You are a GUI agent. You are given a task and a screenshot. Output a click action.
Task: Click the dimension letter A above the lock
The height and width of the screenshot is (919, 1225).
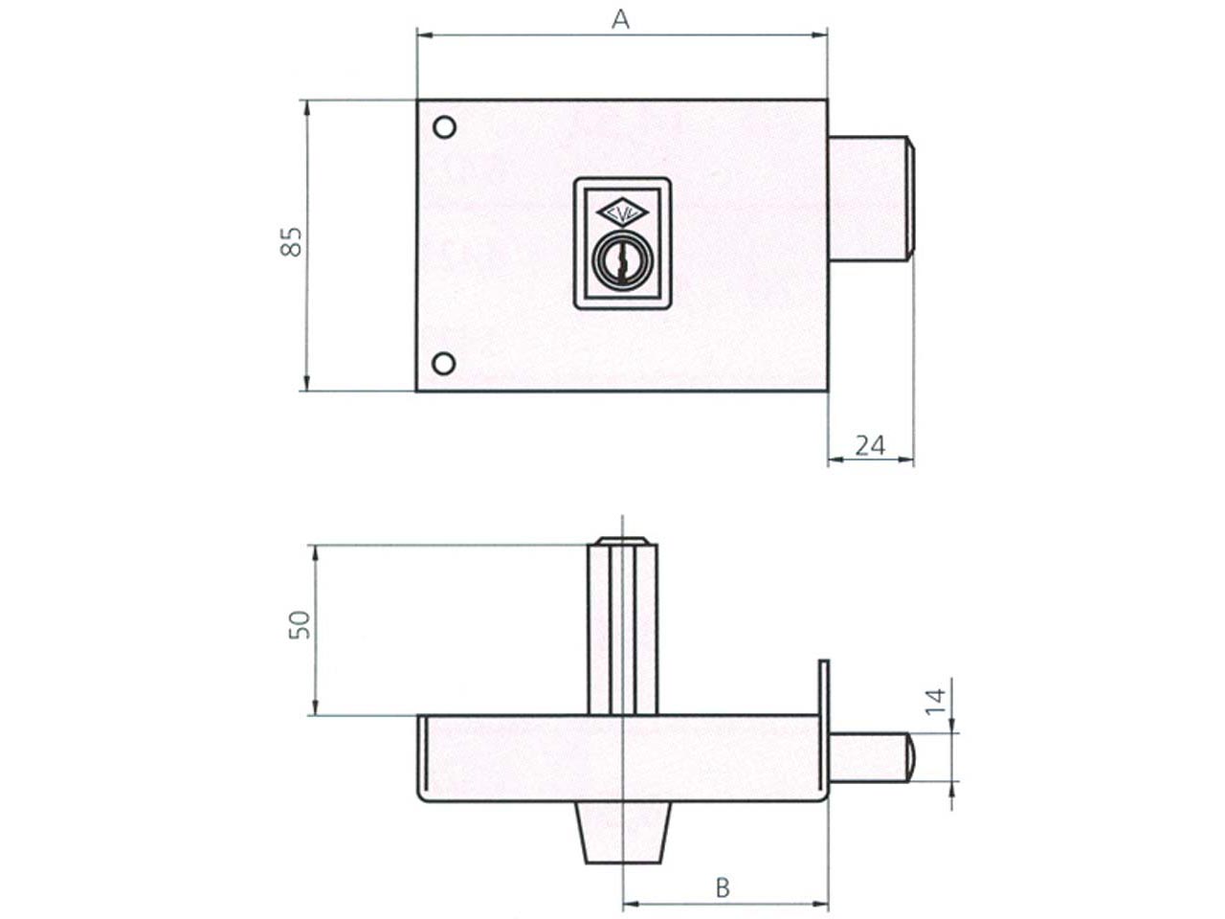tap(620, 20)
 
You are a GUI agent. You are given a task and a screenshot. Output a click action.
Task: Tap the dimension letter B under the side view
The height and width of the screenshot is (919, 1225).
tap(723, 887)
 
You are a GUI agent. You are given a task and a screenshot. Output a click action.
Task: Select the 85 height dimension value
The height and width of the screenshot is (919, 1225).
tap(291, 241)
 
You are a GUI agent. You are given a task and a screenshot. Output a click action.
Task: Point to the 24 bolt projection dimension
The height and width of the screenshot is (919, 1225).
tap(870, 445)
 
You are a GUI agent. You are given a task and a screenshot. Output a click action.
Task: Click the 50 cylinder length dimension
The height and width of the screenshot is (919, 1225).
tap(300, 624)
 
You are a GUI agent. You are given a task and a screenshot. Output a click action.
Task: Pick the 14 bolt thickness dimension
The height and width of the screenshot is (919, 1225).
tap(936, 702)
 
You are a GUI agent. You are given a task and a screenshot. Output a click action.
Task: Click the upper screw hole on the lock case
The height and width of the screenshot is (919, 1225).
tap(444, 127)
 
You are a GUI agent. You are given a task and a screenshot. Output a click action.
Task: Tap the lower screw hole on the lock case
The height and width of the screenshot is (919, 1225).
tap(444, 364)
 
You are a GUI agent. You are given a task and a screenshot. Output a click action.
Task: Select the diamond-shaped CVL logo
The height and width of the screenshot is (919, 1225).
tap(622, 213)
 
